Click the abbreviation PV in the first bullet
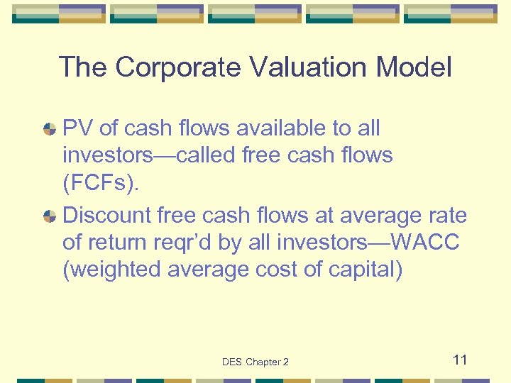point(78,128)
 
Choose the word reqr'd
point(184,243)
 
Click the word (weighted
point(111,270)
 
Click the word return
point(125,243)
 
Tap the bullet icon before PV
point(50,129)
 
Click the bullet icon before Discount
point(50,216)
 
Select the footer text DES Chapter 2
point(255,362)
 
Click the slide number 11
point(460,360)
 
